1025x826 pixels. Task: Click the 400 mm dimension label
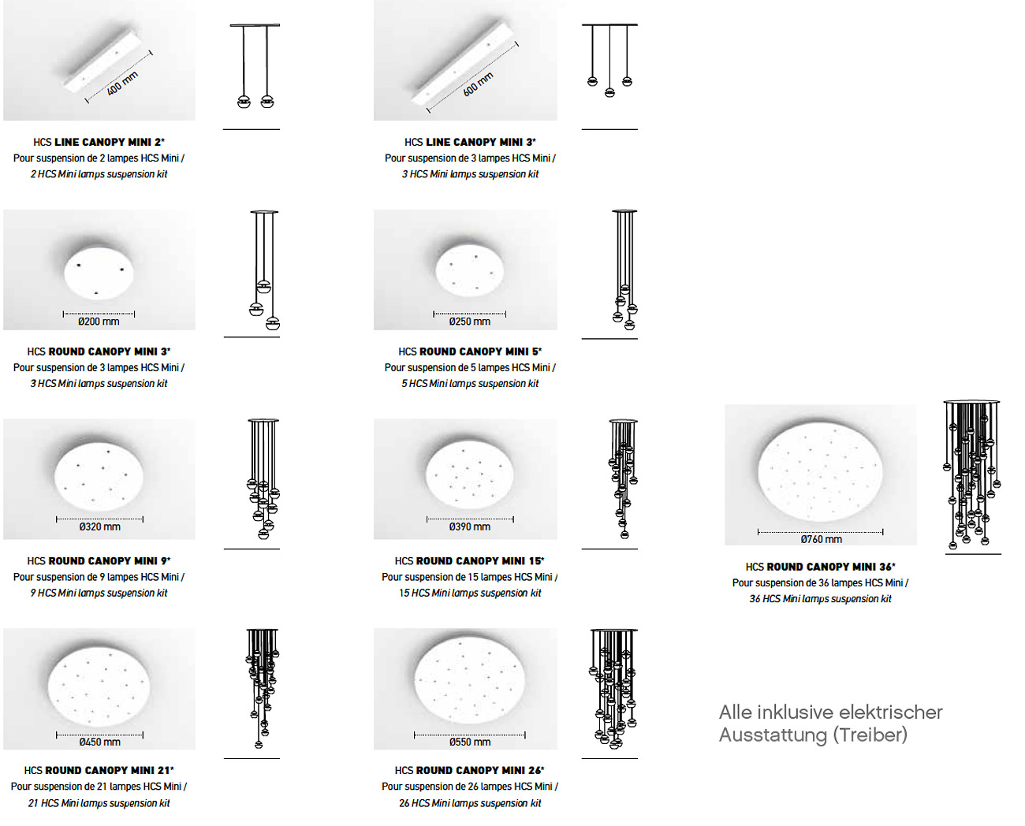click(122, 84)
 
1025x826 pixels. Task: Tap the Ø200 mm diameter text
click(99, 322)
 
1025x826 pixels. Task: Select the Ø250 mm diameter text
click(470, 322)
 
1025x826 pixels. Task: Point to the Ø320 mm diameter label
click(99, 526)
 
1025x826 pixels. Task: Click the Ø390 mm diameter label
click(470, 526)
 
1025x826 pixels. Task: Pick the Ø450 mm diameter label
click(99, 742)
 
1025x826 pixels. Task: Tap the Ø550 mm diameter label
click(470, 742)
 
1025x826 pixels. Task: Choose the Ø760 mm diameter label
click(821, 539)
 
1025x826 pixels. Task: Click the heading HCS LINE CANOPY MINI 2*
click(99, 142)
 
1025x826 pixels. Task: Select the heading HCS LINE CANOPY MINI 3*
click(470, 142)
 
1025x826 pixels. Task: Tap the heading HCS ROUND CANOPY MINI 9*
click(99, 561)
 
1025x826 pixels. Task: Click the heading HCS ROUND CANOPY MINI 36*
click(820, 567)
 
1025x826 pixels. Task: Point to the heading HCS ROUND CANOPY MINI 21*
click(99, 770)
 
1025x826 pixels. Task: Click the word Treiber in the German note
click(870, 735)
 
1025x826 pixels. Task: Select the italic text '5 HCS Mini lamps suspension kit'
click(470, 383)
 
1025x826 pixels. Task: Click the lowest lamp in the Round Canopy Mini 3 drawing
click(273, 323)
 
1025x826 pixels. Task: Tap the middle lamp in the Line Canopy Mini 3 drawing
click(609, 92)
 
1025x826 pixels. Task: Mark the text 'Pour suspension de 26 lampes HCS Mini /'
click(470, 787)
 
